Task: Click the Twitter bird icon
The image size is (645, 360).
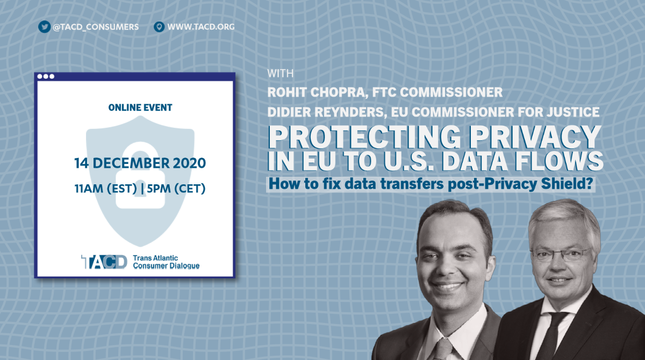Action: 44,27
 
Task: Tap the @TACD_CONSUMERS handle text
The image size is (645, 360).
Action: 96,27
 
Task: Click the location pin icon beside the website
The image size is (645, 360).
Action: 159,27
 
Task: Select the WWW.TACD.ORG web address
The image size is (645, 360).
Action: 201,27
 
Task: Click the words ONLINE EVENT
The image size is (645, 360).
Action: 140,107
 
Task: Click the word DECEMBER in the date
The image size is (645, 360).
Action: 131,163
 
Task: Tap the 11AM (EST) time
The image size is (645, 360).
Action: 106,189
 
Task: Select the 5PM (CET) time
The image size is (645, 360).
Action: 176,189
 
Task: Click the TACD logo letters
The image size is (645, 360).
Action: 104,262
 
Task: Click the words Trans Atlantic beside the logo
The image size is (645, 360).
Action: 155,258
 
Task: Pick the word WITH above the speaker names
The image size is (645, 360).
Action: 280,74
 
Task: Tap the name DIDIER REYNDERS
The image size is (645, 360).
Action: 327,112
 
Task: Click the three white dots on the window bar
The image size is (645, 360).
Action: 46,76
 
